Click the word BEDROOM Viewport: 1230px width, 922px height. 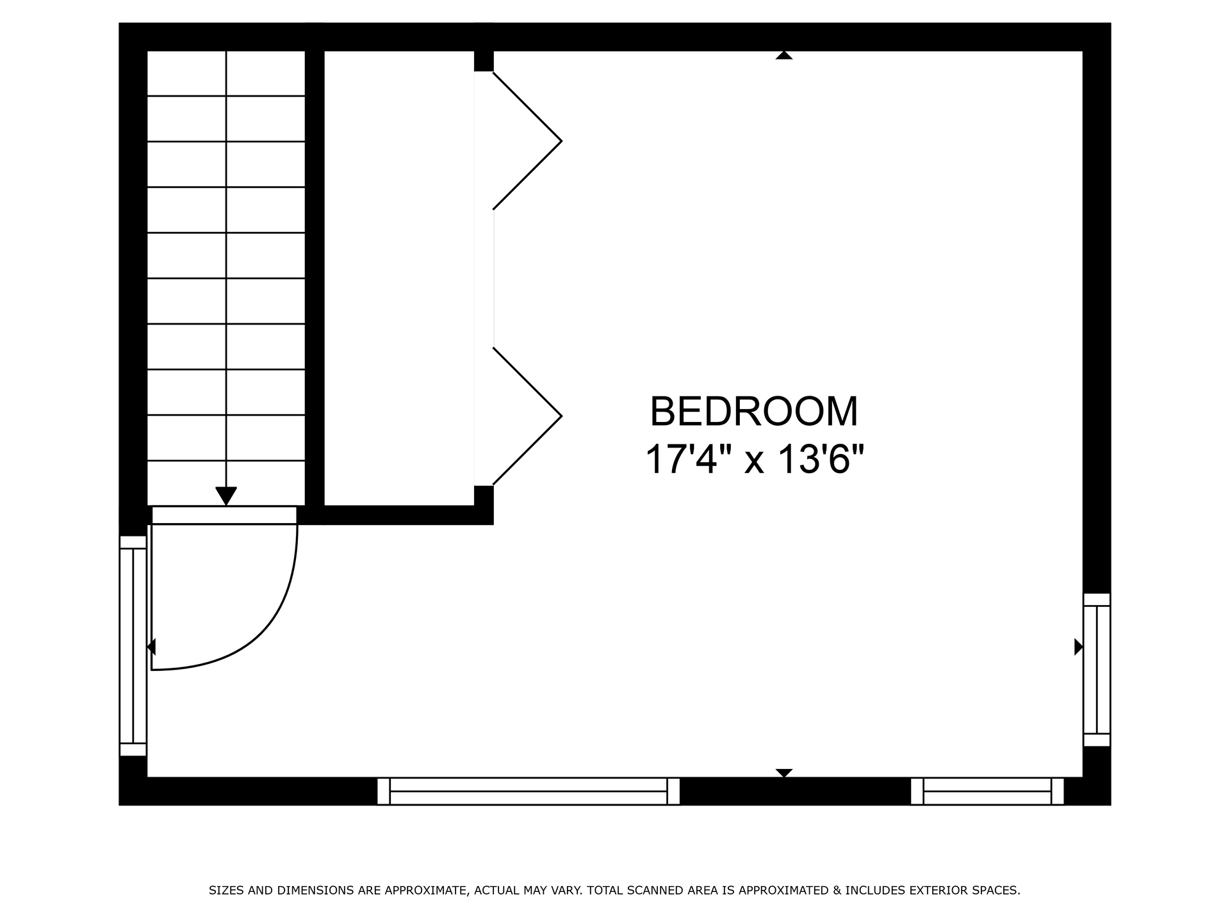pos(754,412)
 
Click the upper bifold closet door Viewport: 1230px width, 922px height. pos(527,141)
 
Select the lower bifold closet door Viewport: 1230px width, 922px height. pos(527,416)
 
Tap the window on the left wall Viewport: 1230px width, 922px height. pos(133,646)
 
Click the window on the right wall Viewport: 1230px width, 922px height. pos(1097,670)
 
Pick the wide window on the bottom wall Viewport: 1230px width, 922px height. pos(529,791)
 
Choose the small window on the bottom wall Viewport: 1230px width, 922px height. pos(987,791)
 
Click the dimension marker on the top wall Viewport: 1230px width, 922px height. pos(784,55)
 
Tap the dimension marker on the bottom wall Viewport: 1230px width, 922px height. pos(784,773)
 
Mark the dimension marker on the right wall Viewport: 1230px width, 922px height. pos(1079,647)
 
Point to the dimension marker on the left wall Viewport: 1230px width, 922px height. pos(151,647)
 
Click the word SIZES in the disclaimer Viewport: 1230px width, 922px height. pos(226,891)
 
